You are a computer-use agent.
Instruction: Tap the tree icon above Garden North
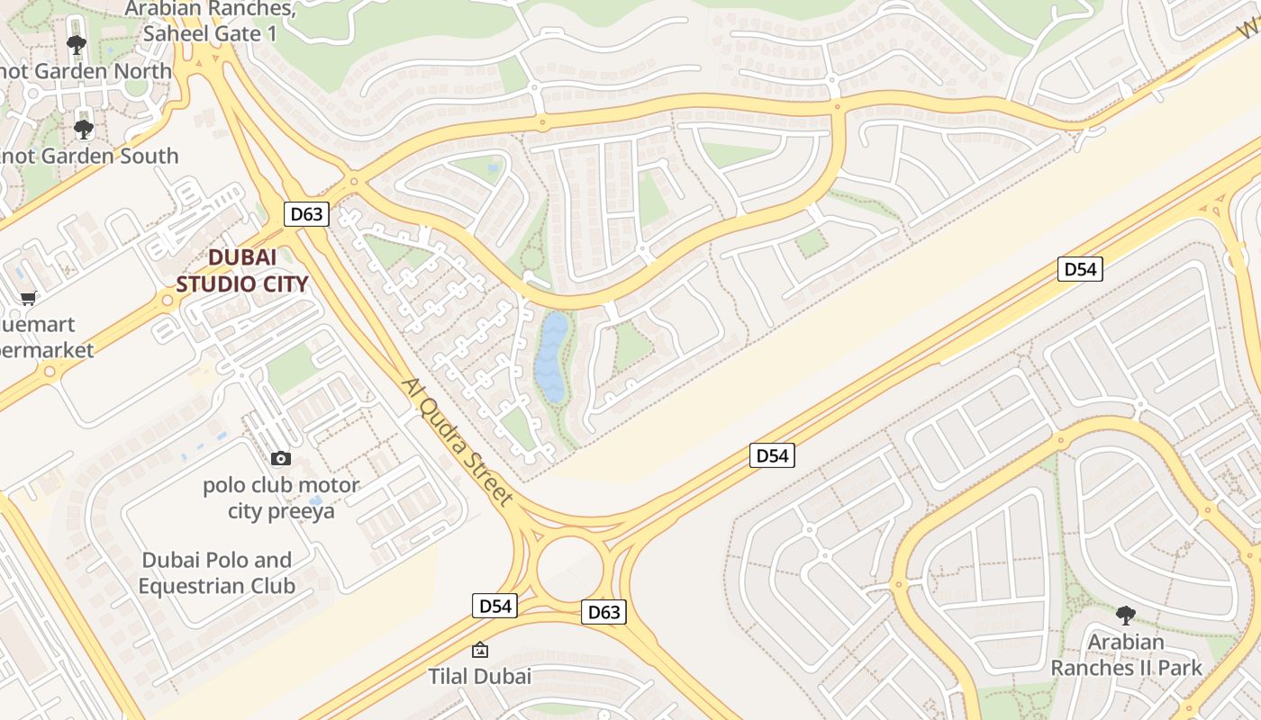pyautogui.click(x=77, y=44)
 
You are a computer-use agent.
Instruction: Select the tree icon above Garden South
pyautogui.click(x=84, y=130)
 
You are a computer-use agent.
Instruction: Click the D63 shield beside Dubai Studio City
pyautogui.click(x=307, y=214)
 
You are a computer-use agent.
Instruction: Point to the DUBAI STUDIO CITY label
pyautogui.click(x=242, y=271)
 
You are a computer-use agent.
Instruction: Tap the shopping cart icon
pyautogui.click(x=29, y=298)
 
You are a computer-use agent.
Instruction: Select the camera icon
pyautogui.click(x=281, y=459)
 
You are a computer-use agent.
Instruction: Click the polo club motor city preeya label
pyautogui.click(x=280, y=499)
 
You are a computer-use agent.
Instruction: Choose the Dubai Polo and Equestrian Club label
pyautogui.click(x=217, y=573)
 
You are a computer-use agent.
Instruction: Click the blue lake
pyautogui.click(x=551, y=356)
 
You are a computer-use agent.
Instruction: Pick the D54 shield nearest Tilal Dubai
pyautogui.click(x=494, y=606)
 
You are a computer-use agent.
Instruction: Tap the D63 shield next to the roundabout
pyautogui.click(x=603, y=612)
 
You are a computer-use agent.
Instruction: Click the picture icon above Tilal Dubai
pyautogui.click(x=480, y=649)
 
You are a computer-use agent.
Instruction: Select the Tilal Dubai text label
pyautogui.click(x=480, y=676)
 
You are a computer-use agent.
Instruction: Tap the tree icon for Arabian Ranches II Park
pyautogui.click(x=1125, y=616)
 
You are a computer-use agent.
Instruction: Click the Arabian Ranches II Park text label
pyautogui.click(x=1126, y=655)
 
